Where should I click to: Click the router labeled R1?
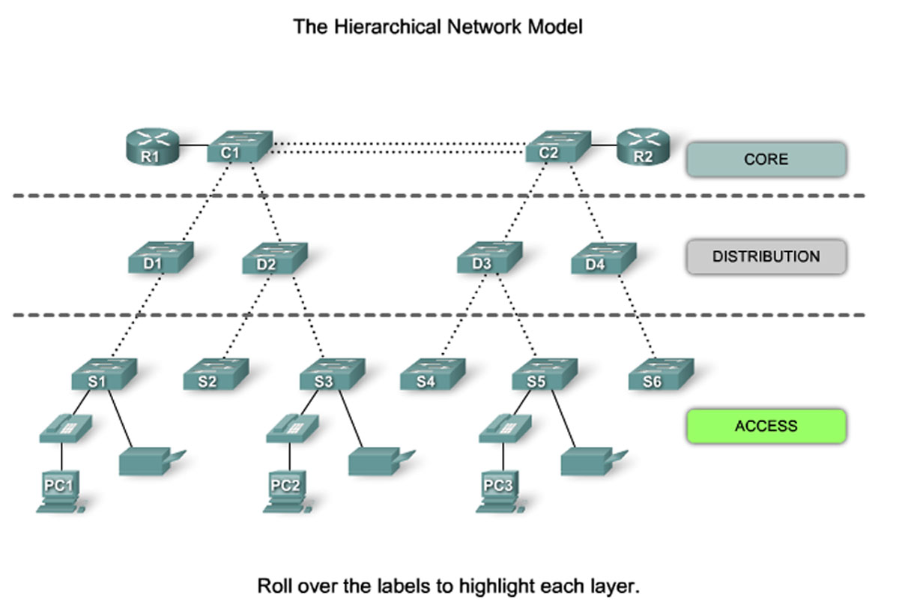coord(152,146)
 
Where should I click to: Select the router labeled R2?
coord(642,146)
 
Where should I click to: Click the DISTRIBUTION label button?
coord(766,256)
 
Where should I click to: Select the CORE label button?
coord(766,160)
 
